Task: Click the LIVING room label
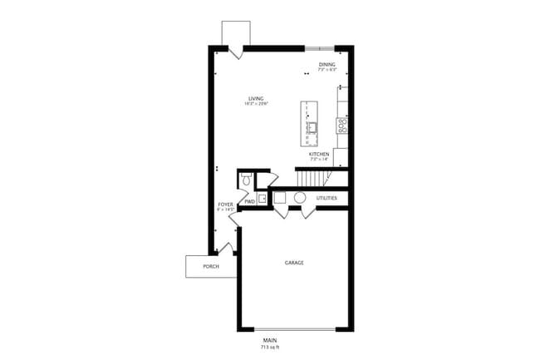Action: coord(243,98)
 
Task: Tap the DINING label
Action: coord(327,64)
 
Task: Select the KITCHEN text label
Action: coord(319,154)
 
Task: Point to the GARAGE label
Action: coord(294,263)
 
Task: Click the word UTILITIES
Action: coord(326,198)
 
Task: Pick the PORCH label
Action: coord(211,267)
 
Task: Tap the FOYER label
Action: coord(225,204)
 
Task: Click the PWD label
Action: coord(249,201)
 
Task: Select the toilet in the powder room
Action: coord(246,180)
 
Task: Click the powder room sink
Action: coord(261,198)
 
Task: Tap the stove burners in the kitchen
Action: coord(341,125)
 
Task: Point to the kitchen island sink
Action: coord(312,127)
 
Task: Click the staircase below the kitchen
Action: coord(310,178)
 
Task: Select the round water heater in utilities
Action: coord(300,199)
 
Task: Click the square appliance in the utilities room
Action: coord(281,198)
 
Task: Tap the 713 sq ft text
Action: coord(270,346)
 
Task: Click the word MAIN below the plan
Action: coord(270,339)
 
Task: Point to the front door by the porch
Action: coord(225,247)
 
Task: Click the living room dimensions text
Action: coord(243,104)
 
